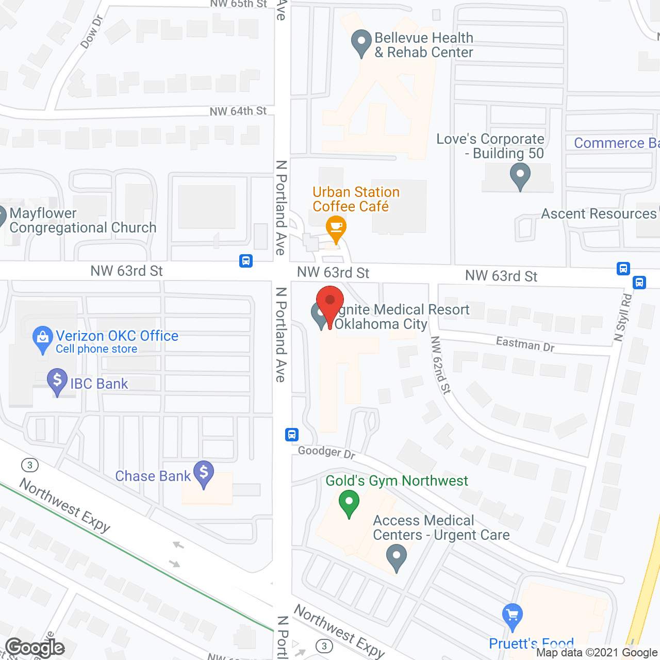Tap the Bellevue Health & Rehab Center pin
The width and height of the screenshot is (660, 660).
361,43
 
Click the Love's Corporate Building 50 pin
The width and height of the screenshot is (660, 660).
520,175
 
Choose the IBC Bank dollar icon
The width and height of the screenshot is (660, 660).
57,382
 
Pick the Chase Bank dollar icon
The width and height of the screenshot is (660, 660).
204,473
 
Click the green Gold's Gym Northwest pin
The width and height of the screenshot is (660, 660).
349,503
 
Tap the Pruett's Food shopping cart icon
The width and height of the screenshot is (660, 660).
512,616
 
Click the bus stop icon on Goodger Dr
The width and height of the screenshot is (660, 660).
292,435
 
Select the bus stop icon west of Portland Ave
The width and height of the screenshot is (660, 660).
246,261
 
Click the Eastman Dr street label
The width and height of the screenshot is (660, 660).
525,344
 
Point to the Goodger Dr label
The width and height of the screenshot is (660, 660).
326,452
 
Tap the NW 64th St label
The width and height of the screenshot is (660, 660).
238,111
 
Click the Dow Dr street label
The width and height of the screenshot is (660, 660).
92,32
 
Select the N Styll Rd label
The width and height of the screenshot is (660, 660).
623,318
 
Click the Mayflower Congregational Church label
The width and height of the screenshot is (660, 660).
82,221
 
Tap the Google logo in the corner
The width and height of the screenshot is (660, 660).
35,648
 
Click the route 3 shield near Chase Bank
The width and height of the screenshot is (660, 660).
30,465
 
